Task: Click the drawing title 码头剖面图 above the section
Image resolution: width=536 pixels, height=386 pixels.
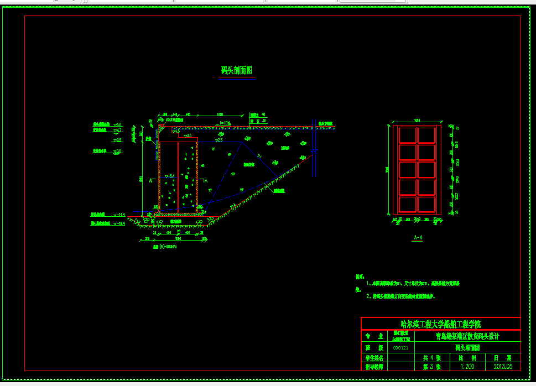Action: pyautogui.click(x=237, y=71)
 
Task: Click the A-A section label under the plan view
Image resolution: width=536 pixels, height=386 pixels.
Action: pyautogui.click(x=418, y=238)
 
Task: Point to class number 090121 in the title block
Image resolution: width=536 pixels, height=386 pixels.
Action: pyautogui.click(x=400, y=348)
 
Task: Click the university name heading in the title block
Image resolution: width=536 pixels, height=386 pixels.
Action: pyautogui.click(x=440, y=324)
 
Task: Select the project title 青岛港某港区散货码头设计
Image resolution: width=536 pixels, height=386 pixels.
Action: pyautogui.click(x=467, y=336)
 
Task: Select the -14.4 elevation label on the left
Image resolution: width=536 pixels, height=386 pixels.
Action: pyautogui.click(x=119, y=214)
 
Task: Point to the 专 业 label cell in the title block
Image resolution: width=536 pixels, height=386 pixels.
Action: pyautogui.click(x=373, y=336)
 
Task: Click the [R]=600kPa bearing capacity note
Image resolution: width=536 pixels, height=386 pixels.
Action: pyautogui.click(x=164, y=246)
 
